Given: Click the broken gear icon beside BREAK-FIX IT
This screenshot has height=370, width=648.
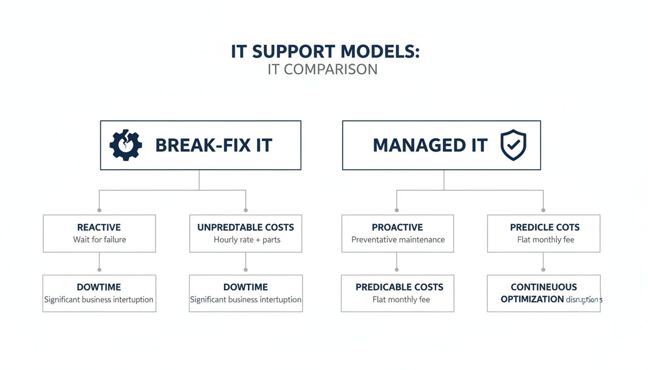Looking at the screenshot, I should tap(126, 145).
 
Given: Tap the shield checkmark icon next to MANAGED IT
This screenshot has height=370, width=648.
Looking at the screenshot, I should tap(513, 145).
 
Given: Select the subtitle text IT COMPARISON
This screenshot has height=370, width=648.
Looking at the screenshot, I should tap(323, 69).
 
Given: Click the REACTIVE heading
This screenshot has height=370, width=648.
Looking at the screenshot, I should tap(99, 227).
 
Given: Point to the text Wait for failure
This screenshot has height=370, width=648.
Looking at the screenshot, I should tap(99, 239).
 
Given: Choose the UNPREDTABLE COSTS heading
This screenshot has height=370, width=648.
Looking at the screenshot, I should tap(245, 227).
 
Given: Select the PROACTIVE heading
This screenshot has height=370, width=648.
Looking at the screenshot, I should tap(397, 227).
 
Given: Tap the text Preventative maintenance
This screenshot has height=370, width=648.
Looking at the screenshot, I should tap(398, 239).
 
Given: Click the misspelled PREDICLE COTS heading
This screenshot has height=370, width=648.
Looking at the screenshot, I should tap(545, 227).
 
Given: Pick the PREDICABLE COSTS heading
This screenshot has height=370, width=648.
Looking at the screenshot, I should tap(399, 287).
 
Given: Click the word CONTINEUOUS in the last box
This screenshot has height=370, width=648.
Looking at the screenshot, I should tap(544, 287).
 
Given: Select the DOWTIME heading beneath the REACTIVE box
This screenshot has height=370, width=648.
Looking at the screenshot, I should tap(99, 287).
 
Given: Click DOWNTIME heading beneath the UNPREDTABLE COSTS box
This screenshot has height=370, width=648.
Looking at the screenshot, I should tap(245, 287).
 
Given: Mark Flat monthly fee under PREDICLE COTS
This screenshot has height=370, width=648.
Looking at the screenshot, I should tap(545, 239).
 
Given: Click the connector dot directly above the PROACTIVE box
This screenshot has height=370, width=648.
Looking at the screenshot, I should tap(397, 210).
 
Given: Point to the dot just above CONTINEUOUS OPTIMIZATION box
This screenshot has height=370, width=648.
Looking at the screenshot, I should tap(543, 270).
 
